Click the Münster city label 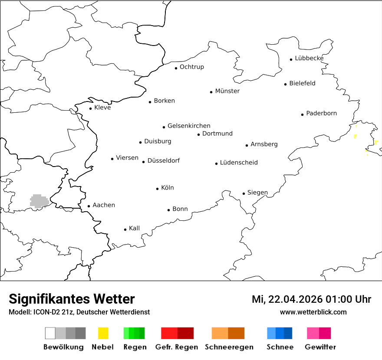227,91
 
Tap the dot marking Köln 158,189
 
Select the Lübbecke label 309,58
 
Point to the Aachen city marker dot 89,206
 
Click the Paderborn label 321,114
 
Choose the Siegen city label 257,193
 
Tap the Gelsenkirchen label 189,126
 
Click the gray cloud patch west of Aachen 39,201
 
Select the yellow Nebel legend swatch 103,333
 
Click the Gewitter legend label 320,347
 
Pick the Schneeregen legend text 229,347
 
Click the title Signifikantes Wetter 72,299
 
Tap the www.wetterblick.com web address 313,312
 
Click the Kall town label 134,228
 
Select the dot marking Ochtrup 176,68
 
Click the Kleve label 102,108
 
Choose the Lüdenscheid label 239,163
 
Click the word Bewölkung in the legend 63,347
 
